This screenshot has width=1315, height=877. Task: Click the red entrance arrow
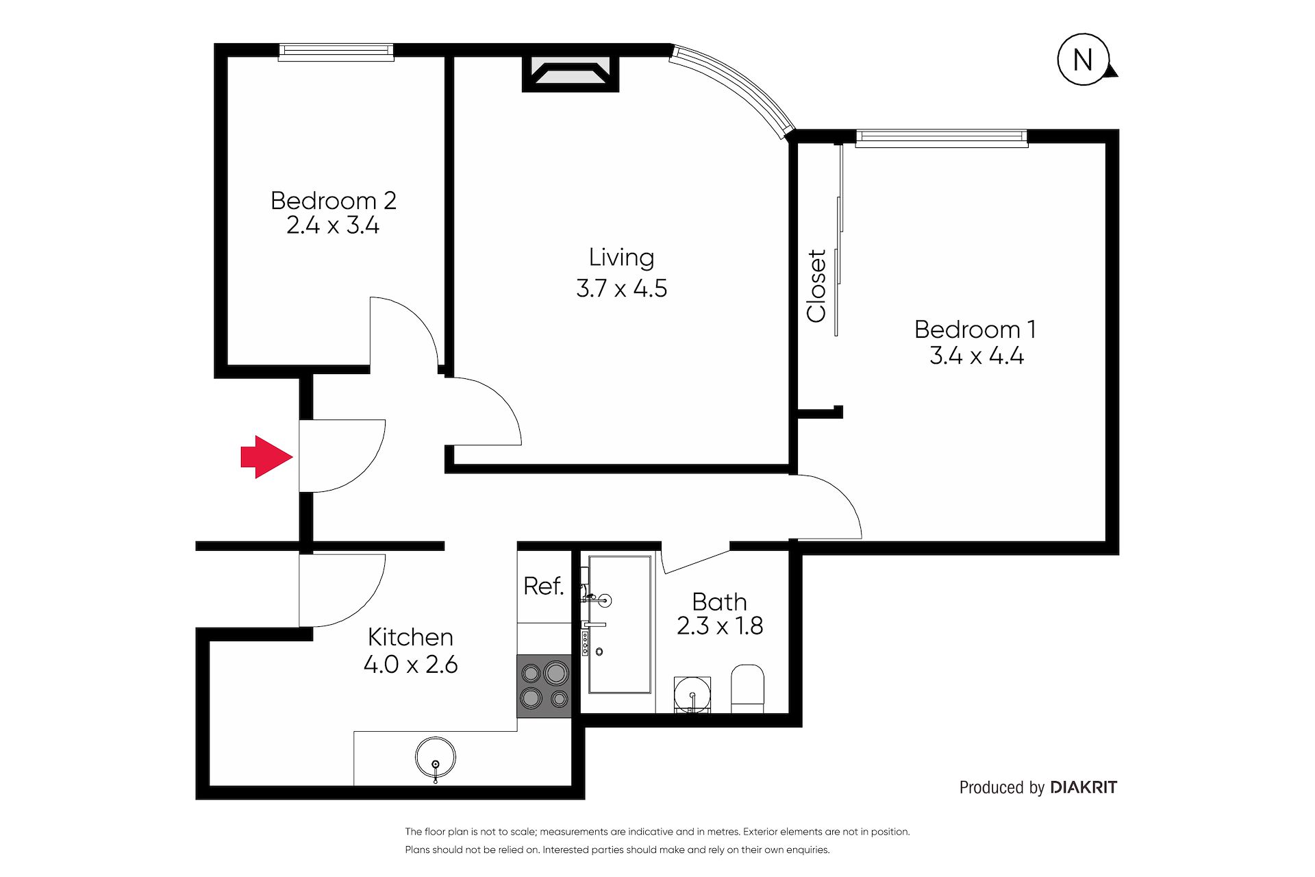266,456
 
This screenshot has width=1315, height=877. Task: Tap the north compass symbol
1084,60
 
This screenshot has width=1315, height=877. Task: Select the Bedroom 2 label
333,201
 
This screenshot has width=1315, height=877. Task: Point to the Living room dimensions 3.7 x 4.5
621,288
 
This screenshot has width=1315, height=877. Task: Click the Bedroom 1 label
975,330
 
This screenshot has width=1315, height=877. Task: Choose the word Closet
816,285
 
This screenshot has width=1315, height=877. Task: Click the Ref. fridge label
543,586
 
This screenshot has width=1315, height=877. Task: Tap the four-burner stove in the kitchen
544,686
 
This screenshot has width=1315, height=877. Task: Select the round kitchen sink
436,758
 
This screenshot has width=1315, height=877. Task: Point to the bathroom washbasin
692,694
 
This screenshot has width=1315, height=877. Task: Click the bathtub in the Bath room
620,624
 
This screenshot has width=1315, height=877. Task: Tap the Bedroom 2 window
336,52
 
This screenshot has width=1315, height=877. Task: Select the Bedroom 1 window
942,138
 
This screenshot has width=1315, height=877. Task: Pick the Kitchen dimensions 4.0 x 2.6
410,664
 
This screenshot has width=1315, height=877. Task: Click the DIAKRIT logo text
1083,787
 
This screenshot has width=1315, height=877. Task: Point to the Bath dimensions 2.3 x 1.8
720,626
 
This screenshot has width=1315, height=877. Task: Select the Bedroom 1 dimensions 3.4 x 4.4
977,356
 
